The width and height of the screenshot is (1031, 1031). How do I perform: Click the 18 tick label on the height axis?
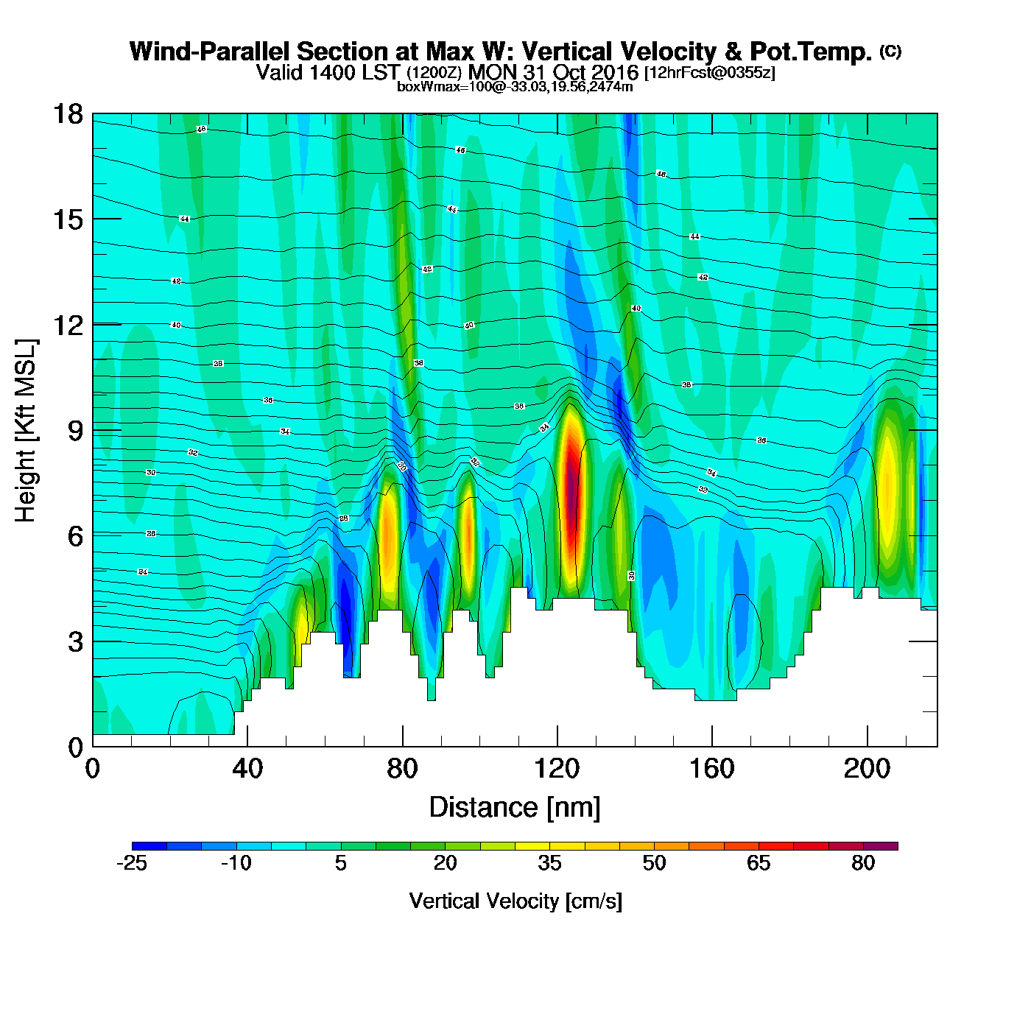67,114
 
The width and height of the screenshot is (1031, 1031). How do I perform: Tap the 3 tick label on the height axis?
75,641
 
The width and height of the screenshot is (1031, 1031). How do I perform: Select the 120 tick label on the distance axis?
557,769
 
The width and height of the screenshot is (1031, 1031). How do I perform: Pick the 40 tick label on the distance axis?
247,769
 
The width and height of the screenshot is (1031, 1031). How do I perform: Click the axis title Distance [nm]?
515,808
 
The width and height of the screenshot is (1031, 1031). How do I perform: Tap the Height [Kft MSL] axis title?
26,431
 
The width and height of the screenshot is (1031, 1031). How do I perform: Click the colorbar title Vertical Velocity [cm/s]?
515,901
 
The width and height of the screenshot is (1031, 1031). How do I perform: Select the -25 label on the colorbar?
132,863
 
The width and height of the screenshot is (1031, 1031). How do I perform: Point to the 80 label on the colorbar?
863,863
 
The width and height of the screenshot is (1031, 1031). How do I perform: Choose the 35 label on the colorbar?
549,863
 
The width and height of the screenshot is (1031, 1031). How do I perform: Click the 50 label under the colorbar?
654,863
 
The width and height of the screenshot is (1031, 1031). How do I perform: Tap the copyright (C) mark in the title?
890,51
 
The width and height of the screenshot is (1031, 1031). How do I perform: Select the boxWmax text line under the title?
515,86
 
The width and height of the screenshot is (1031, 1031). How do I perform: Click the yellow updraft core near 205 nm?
889,486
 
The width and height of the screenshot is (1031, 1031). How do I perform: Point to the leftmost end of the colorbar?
133,846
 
